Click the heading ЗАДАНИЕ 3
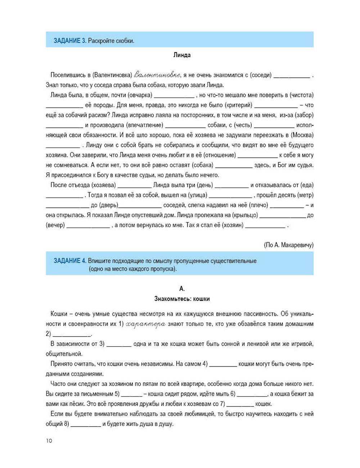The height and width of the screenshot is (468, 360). (70, 41)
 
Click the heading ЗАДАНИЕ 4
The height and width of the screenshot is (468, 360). (70, 261)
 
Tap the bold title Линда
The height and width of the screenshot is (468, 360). (182, 55)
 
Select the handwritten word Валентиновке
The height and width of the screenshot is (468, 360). (157, 75)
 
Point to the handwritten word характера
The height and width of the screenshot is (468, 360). (146, 324)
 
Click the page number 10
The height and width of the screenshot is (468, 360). (49, 441)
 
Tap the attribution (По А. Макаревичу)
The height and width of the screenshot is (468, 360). (288, 245)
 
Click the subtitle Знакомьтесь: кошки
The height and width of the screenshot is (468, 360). (182, 299)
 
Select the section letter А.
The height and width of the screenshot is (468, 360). (182, 289)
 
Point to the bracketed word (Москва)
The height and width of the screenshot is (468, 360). (302, 135)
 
